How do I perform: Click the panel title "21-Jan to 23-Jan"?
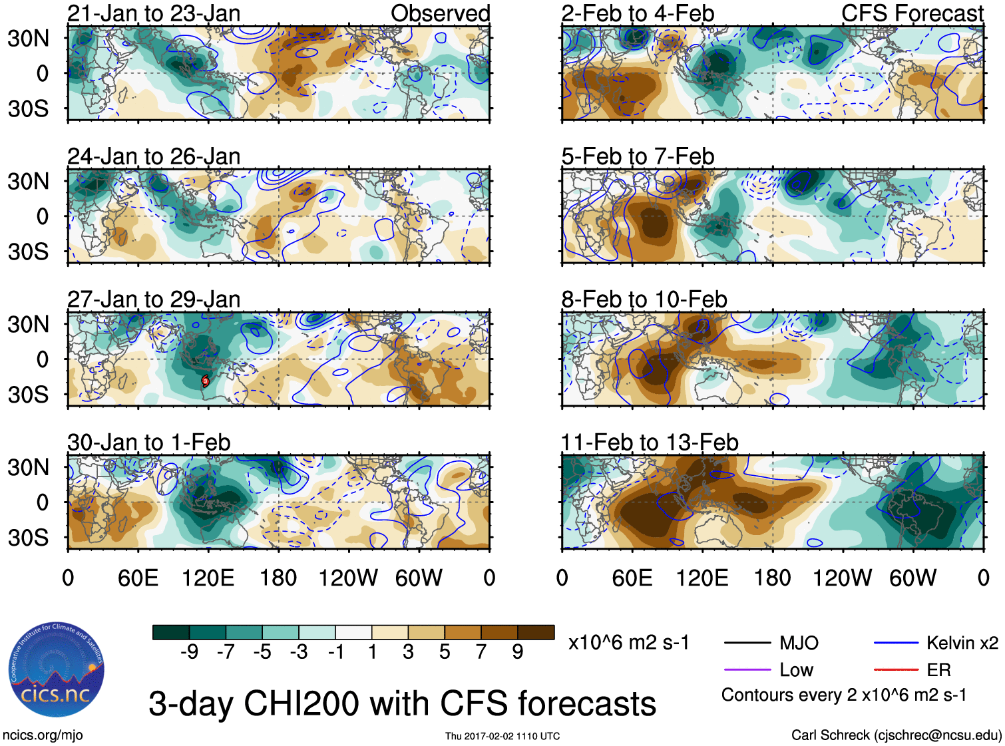coord(154,13)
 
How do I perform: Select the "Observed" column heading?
coord(440,13)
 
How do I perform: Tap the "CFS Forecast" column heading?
coord(912,13)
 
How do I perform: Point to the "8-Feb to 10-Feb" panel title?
coord(644,299)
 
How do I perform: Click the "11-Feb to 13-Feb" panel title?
coord(650,443)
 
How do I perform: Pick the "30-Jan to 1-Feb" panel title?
coord(148,443)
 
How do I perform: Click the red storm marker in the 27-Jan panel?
coord(206,381)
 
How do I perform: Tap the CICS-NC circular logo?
coord(56,670)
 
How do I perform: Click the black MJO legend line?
coord(747,643)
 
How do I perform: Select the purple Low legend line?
coord(747,670)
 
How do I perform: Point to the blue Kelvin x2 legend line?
coord(896,643)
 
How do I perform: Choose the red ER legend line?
coord(896,670)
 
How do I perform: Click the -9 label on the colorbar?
coord(190,652)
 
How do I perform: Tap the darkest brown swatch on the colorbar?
coord(536,632)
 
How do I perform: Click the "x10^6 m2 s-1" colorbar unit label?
coord(628,643)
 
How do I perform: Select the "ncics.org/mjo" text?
coord(43,735)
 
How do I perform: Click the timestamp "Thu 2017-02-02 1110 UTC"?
coord(502,736)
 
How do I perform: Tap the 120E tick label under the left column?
coord(208,578)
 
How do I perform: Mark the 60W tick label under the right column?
coord(912,578)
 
